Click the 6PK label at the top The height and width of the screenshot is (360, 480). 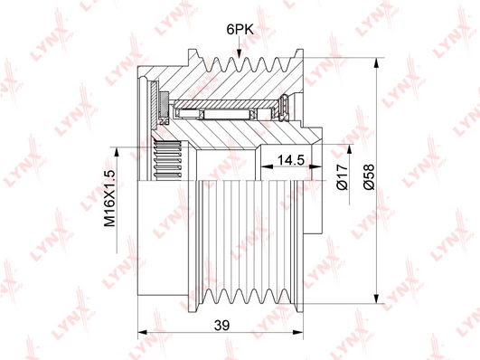coord(240,30)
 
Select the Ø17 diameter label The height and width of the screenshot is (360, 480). coord(342,177)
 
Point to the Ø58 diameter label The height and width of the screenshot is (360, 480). coord(368,177)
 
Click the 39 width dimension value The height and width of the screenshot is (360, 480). coord(221,325)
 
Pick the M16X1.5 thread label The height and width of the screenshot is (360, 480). coord(110,198)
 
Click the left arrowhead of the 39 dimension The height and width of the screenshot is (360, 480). coord(143,333)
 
